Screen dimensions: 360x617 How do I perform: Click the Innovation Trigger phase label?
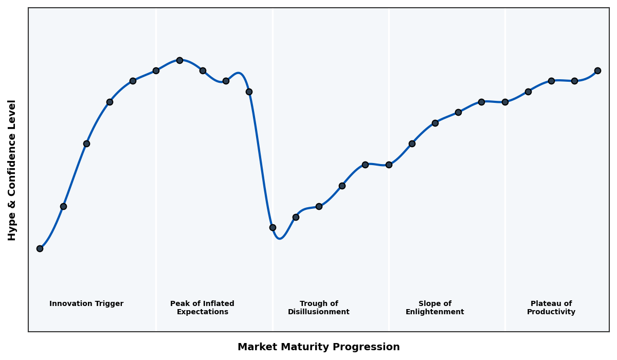click(x=86, y=304)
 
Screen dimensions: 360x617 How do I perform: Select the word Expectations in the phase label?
click(x=202, y=312)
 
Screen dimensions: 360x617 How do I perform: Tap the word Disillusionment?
click(x=318, y=312)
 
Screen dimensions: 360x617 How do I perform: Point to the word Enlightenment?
click(x=434, y=312)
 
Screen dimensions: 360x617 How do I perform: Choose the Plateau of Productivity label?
click(x=551, y=308)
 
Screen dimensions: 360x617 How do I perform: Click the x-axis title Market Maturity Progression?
click(x=318, y=347)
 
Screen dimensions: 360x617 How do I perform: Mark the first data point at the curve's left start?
click(x=40, y=248)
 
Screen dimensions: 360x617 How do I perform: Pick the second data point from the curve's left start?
click(x=63, y=206)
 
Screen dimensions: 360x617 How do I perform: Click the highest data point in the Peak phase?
click(x=179, y=60)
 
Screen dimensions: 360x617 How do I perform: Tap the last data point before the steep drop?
click(x=249, y=92)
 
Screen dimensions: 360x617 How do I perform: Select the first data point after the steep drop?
click(x=273, y=227)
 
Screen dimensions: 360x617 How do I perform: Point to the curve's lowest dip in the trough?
click(x=279, y=239)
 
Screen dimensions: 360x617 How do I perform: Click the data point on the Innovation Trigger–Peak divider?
click(x=156, y=70)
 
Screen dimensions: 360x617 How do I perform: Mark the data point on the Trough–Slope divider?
click(x=389, y=165)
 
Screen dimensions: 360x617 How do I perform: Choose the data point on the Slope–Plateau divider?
click(x=505, y=102)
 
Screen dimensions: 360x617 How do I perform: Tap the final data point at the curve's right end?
click(x=597, y=70)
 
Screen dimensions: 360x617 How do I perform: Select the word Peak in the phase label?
click(x=179, y=304)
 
